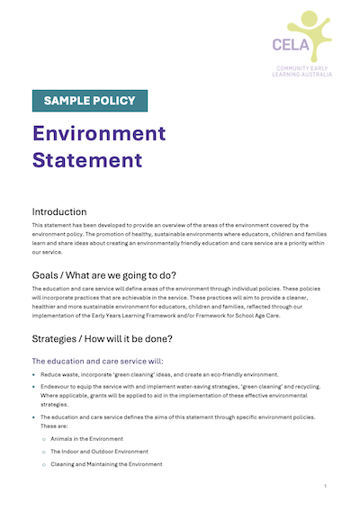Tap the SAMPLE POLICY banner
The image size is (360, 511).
[89, 101]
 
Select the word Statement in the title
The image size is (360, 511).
[87, 160]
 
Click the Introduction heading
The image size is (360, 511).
[59, 211]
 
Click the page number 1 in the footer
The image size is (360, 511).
[325, 486]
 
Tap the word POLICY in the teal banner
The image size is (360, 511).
[114, 101]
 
